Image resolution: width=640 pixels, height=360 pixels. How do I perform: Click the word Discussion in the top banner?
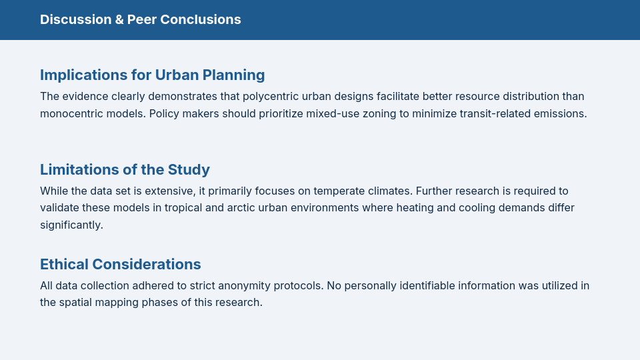coord(75,19)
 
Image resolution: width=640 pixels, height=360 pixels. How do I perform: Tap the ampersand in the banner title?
coord(119,19)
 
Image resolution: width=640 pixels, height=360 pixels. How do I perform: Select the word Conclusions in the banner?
coord(201,19)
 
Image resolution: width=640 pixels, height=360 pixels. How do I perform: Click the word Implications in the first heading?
coord(84,75)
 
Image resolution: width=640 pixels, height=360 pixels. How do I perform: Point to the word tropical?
coord(183,208)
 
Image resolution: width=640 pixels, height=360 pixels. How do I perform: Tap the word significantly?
coord(71,225)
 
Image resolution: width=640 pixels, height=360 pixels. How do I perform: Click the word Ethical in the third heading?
coord(65,265)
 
